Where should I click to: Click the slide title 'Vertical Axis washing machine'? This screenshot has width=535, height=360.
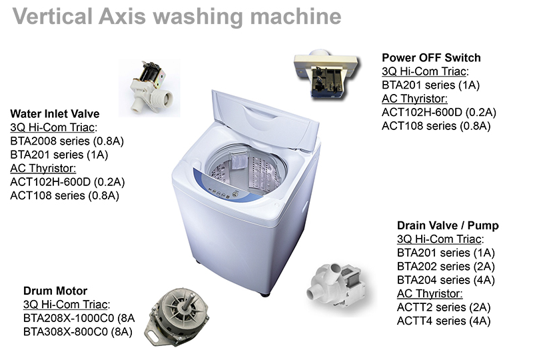coord(177,17)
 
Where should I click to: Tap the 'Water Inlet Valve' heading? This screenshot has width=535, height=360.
coord(55,114)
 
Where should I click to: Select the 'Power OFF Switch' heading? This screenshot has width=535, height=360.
coord(431,58)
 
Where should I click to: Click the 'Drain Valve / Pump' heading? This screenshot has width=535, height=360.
coord(448,225)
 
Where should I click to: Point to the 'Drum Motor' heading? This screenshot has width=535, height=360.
coord(55,291)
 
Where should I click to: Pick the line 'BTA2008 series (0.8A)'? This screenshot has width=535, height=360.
coord(67,141)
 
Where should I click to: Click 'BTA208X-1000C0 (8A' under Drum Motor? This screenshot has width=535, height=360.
coord(79,318)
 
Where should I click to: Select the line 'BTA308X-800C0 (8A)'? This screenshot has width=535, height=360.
coord(78,331)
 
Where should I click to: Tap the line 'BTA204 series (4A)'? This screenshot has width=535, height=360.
coord(446,280)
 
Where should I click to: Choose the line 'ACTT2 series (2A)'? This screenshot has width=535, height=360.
coord(444,307)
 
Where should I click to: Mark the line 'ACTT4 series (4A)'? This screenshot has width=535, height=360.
coord(444,321)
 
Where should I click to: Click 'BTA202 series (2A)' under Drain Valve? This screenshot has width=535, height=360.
coord(446,267)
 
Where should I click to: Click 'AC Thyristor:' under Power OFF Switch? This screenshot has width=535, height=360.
coord(414,99)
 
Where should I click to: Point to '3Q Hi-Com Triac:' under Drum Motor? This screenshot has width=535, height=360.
coord(67,304)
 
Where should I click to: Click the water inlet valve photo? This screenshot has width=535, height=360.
coord(149,88)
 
